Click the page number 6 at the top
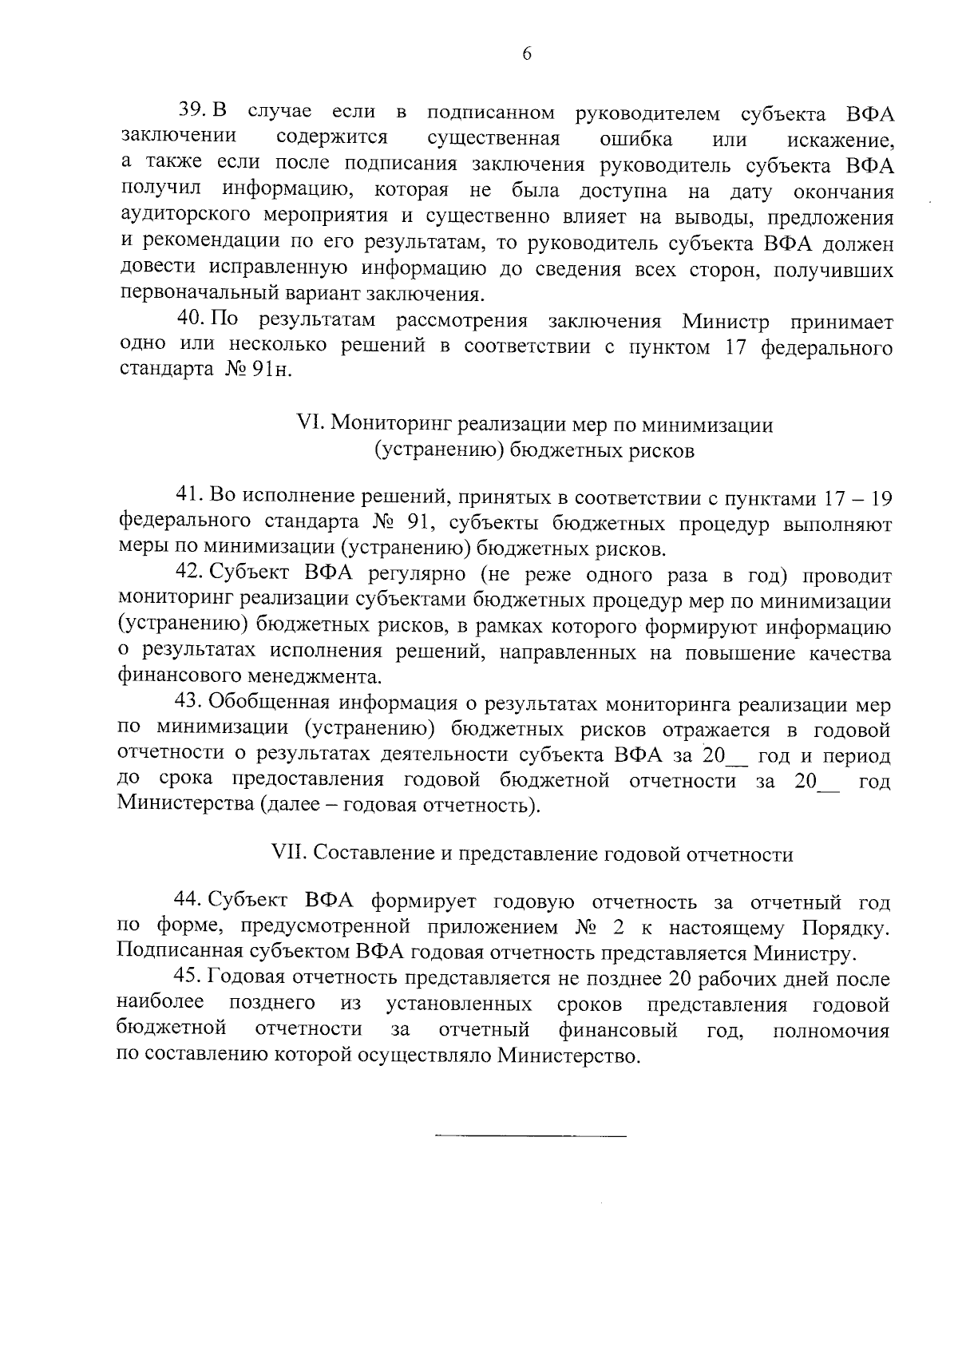(526, 53)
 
